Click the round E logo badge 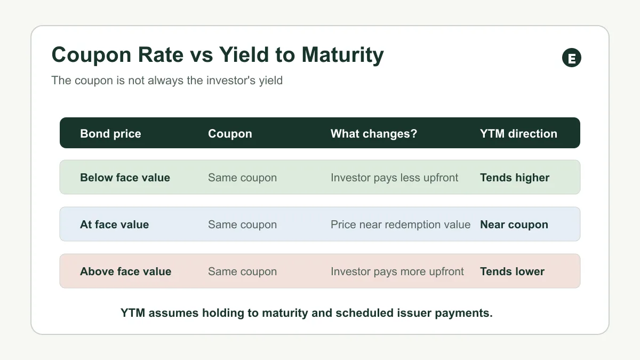(571, 58)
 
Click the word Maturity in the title (342, 55)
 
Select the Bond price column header (110, 134)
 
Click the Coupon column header (230, 134)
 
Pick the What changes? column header (374, 133)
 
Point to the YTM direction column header (518, 133)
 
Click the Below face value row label (125, 178)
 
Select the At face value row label (114, 225)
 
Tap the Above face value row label (126, 271)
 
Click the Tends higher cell (515, 178)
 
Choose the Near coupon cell (514, 225)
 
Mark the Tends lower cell (513, 271)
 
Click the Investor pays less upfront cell (394, 178)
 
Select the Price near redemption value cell (401, 225)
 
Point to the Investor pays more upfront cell (397, 271)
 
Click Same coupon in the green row (242, 178)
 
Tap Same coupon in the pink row (242, 271)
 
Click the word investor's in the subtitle (231, 81)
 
